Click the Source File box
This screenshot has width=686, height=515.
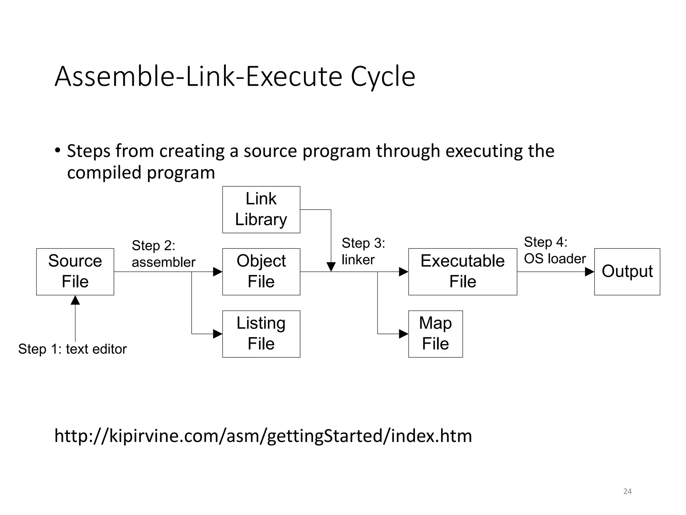pos(75,272)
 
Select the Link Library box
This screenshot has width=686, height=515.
pos(261,210)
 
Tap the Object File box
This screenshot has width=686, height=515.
pos(261,272)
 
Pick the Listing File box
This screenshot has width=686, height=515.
pos(261,334)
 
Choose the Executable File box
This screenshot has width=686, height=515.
pos(463,272)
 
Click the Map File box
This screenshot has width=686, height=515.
pos(435,334)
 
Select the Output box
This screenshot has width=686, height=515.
pos(627,272)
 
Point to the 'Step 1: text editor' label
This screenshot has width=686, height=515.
pos(72,349)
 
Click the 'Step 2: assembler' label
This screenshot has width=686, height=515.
pos(163,254)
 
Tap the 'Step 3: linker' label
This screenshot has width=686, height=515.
pos(363,251)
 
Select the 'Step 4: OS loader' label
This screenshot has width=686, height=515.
pos(555,250)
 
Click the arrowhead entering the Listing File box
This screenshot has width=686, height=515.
pos(218,334)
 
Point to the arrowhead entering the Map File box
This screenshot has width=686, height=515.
pos(404,334)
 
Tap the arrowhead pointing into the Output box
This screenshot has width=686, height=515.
pos(590,272)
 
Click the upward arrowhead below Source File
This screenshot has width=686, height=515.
pos(75,300)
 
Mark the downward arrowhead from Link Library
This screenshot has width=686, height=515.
pos(331,267)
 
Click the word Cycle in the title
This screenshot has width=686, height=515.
pos(383,77)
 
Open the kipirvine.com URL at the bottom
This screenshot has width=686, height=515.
pos(263,436)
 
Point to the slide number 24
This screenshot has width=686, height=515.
pos(627,492)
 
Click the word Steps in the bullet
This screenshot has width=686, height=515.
pos(88,151)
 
